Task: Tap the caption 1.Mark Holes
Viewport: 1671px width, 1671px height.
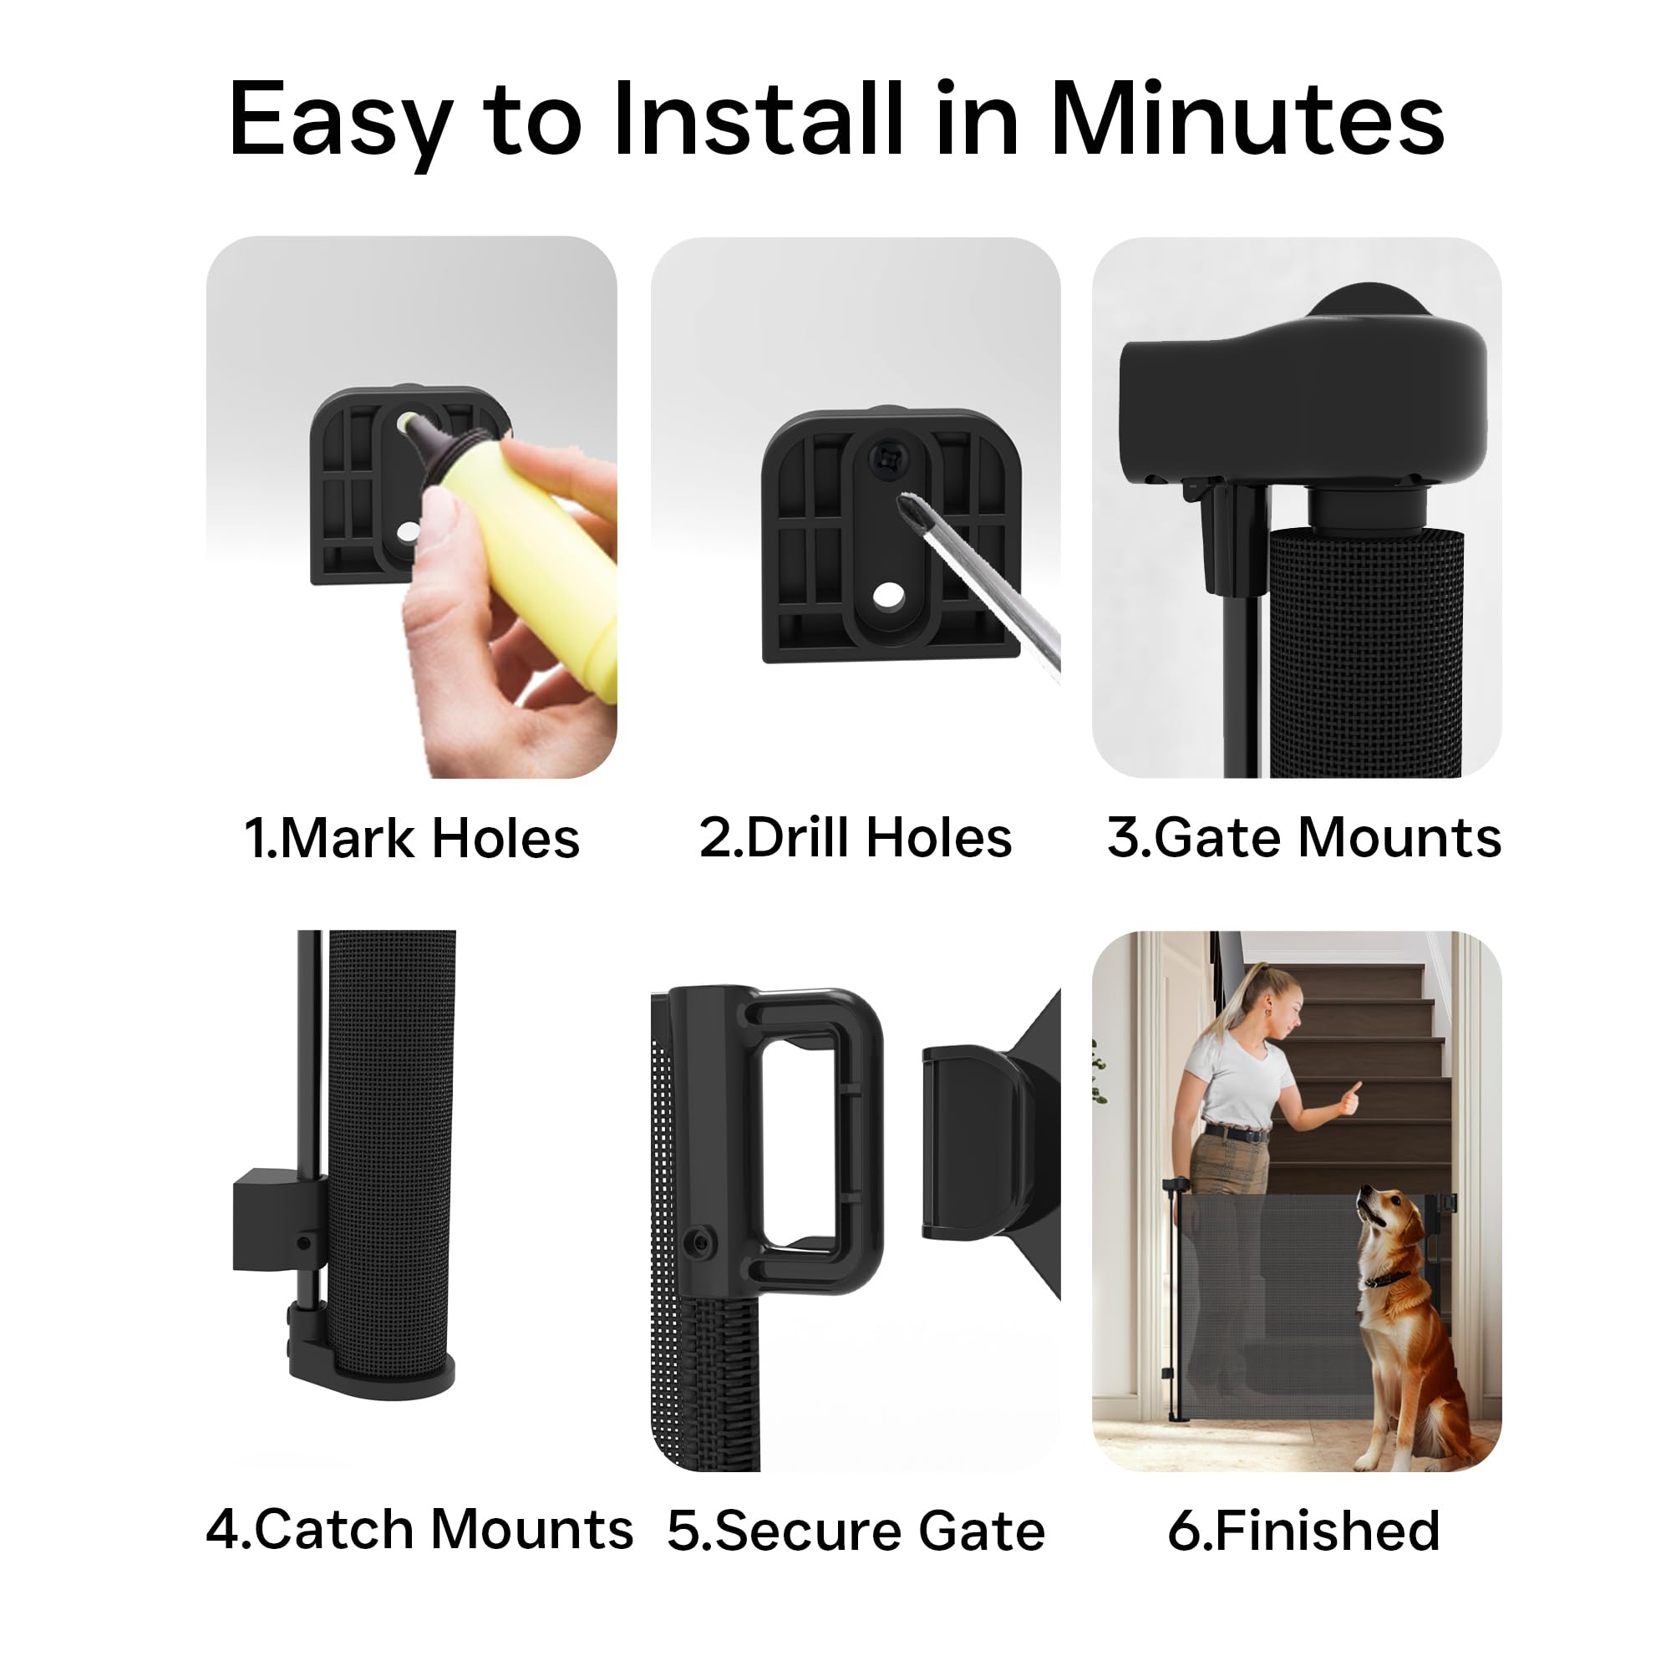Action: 412,838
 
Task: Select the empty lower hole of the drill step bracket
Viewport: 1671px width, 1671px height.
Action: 886,594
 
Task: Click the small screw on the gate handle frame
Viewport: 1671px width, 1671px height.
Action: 698,1243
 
